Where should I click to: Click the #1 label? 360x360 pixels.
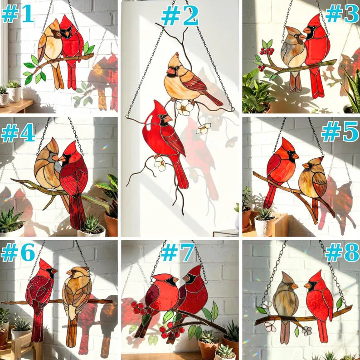coord(18,14)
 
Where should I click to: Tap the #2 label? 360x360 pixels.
coord(180,16)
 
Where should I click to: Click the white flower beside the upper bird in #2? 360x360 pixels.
coord(184,107)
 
